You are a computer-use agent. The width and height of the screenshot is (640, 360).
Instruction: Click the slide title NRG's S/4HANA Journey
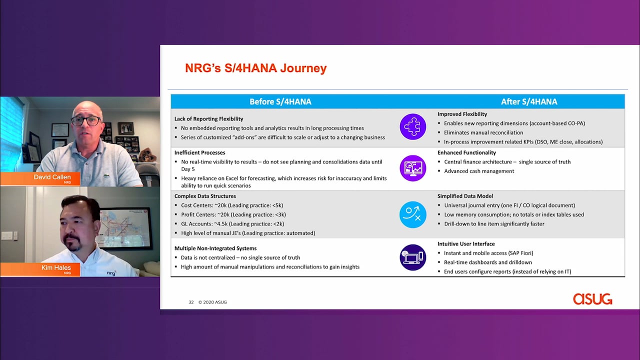(255, 68)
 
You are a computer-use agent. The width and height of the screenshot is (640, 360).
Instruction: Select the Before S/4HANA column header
(280, 101)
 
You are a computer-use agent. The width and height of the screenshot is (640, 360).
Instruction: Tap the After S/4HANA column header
(529, 101)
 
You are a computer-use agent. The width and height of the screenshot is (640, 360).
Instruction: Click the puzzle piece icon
(413, 126)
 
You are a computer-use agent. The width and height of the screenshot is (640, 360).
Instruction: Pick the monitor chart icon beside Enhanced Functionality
(413, 168)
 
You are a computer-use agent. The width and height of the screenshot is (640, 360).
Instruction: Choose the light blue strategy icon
(413, 214)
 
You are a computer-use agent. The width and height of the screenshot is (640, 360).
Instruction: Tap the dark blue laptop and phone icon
(413, 257)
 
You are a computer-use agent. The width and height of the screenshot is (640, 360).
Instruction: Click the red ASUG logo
(592, 299)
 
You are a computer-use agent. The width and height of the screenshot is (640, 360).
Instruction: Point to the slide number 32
(191, 302)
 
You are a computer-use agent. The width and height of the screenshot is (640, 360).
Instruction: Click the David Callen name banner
(40, 178)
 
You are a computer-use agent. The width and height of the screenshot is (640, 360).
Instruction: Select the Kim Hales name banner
(40, 269)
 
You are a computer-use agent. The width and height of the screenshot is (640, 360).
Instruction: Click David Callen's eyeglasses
(85, 121)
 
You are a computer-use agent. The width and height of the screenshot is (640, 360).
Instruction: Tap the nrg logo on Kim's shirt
(111, 273)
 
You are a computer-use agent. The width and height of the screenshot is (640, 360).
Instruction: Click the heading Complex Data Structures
(205, 196)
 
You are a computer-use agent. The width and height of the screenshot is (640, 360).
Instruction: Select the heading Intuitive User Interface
(466, 244)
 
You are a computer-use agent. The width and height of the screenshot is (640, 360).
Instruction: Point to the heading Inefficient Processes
(199, 153)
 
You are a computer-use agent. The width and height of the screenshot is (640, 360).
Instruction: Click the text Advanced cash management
(479, 171)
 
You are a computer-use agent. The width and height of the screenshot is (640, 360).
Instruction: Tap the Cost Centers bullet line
(232, 205)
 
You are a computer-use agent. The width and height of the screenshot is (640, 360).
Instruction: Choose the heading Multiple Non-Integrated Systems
(215, 248)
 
